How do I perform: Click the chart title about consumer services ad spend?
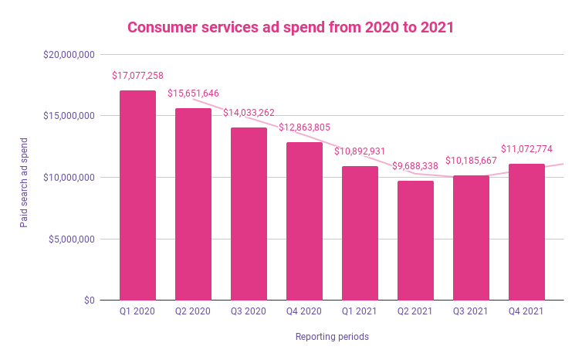pyautogui.click(x=290, y=27)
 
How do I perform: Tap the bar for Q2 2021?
pyautogui.click(x=415, y=240)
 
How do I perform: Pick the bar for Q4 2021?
pyautogui.click(x=526, y=232)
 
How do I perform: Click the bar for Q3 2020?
pyautogui.click(x=249, y=214)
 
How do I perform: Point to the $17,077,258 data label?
pyautogui.click(x=137, y=76)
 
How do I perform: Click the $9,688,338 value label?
pyautogui.click(x=415, y=166)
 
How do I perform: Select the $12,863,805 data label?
pyautogui.click(x=304, y=127)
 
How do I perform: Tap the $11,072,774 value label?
pyautogui.click(x=526, y=149)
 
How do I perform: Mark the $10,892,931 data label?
pyautogui.click(x=360, y=151)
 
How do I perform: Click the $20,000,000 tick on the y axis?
pyautogui.click(x=69, y=55)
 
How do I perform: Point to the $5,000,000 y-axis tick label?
pyautogui.click(x=71, y=239)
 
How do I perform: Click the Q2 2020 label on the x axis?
pyautogui.click(x=193, y=312)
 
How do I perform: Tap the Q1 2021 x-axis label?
pyautogui.click(x=360, y=312)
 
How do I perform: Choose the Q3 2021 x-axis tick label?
pyautogui.click(x=471, y=312)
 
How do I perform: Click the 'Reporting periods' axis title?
pyautogui.click(x=332, y=337)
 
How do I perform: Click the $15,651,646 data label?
pyautogui.click(x=193, y=93)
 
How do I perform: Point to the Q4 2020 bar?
pyautogui.click(x=304, y=221)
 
